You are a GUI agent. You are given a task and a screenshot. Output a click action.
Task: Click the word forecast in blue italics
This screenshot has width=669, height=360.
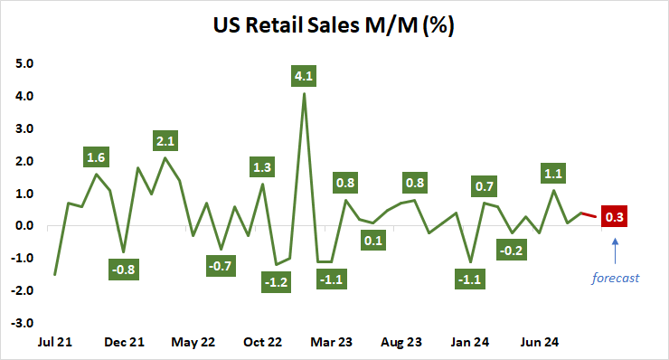615,278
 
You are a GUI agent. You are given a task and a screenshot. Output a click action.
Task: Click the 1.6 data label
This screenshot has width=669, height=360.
97,156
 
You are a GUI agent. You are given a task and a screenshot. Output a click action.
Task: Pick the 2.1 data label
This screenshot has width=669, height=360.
165,140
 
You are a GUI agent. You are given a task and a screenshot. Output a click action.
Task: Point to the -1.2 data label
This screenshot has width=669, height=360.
276,283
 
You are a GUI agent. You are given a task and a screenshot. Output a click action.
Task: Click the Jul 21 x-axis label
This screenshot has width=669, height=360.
55,342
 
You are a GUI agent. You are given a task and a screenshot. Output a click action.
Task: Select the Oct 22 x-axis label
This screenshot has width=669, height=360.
262,342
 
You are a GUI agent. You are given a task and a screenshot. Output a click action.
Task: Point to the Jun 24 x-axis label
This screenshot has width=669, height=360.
539,342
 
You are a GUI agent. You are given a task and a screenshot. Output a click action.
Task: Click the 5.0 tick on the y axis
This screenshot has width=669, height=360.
24,64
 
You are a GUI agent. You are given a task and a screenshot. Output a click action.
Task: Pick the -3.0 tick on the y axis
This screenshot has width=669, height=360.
22,322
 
